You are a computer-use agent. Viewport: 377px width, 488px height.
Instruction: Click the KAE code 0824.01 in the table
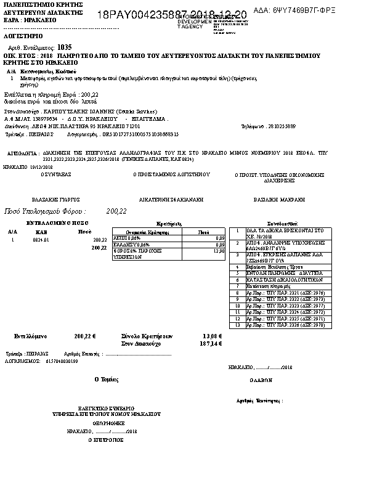click(41, 240)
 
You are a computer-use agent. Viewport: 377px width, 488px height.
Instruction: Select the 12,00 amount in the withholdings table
click(218, 251)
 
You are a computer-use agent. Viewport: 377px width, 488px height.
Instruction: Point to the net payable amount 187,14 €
click(211, 343)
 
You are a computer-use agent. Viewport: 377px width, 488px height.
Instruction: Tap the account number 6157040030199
click(62, 362)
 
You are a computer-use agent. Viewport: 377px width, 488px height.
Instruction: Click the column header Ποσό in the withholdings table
click(203, 232)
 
